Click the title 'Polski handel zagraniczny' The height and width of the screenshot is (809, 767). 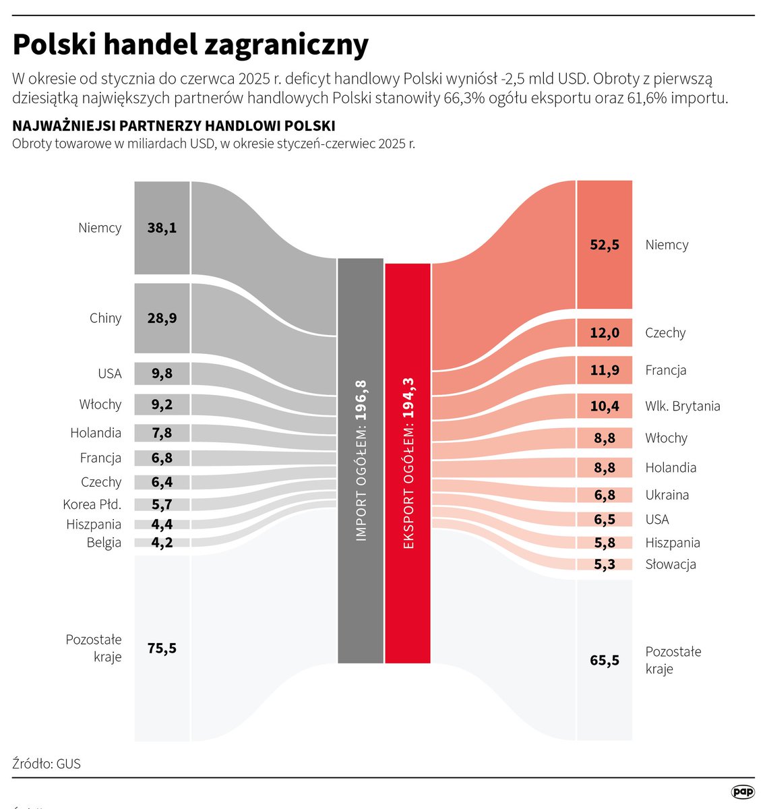pyautogui.click(x=191, y=45)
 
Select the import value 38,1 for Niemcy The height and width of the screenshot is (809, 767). pyautogui.click(x=162, y=228)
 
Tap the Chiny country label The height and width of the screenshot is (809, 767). pyautogui.click(x=105, y=318)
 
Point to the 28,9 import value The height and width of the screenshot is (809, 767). pyautogui.click(x=162, y=318)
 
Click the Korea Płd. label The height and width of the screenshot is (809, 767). pyautogui.click(x=92, y=504)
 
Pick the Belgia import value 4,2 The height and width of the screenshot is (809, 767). pyautogui.click(x=162, y=543)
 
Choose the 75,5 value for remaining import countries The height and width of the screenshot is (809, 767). pyautogui.click(x=162, y=648)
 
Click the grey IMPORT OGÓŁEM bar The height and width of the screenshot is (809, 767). pyautogui.click(x=361, y=460)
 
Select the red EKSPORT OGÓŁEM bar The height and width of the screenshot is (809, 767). pyautogui.click(x=408, y=463)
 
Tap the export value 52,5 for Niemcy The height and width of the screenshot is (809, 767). pyautogui.click(x=604, y=245)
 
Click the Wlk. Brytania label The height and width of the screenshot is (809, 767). pyautogui.click(x=682, y=406)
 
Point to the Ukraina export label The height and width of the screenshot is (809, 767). pyautogui.click(x=667, y=495)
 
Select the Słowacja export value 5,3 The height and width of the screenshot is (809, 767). pyautogui.click(x=604, y=564)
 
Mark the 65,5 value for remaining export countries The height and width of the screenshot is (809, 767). pyautogui.click(x=604, y=660)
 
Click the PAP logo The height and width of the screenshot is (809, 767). pyautogui.click(x=743, y=792)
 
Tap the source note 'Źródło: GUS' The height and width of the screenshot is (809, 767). pyautogui.click(x=47, y=764)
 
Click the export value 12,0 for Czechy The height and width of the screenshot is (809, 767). pyautogui.click(x=604, y=333)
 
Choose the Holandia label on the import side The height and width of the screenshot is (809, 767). pyautogui.click(x=96, y=433)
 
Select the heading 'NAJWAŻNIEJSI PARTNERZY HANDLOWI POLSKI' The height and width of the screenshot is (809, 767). pyautogui.click(x=174, y=126)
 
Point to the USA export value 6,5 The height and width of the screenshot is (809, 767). pyautogui.click(x=604, y=519)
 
